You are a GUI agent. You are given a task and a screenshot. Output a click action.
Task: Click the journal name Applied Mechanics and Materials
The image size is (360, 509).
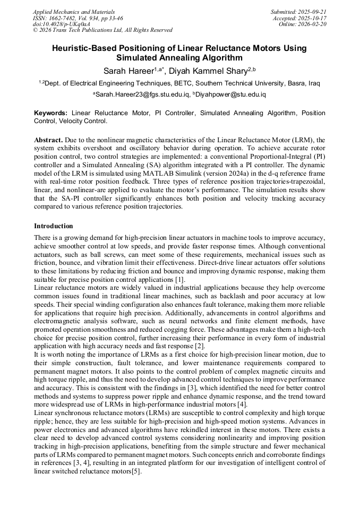pos(73,11)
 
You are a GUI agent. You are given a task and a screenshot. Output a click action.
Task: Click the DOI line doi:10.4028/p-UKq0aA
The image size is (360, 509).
pos(61,24)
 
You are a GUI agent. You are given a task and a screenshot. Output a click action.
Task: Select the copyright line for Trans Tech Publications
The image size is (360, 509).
pos(102,30)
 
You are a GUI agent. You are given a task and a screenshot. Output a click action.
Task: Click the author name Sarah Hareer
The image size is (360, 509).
pos(128,71)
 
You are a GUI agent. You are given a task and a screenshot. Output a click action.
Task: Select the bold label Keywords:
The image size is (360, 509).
pos(50,113)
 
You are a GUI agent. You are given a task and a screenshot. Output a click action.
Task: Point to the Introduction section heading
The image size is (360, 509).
pos(54,226)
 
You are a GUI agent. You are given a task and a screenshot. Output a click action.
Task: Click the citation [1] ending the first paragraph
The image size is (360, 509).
pos(180,279)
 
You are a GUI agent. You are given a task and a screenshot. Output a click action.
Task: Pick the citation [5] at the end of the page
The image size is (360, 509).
pos(136,472)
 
